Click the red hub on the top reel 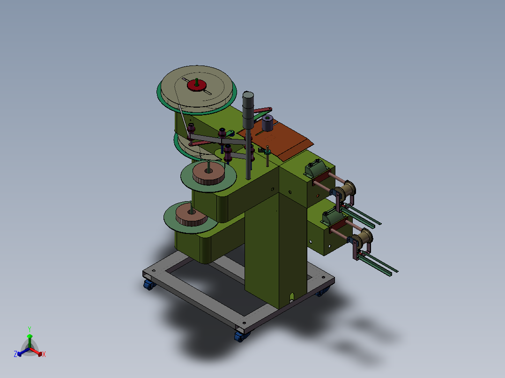coord(197,86)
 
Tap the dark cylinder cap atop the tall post coord(248,95)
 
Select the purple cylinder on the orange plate coord(267,123)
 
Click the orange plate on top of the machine coord(275,140)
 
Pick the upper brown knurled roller coord(209,174)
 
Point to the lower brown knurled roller coord(192,215)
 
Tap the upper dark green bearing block coord(316,168)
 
